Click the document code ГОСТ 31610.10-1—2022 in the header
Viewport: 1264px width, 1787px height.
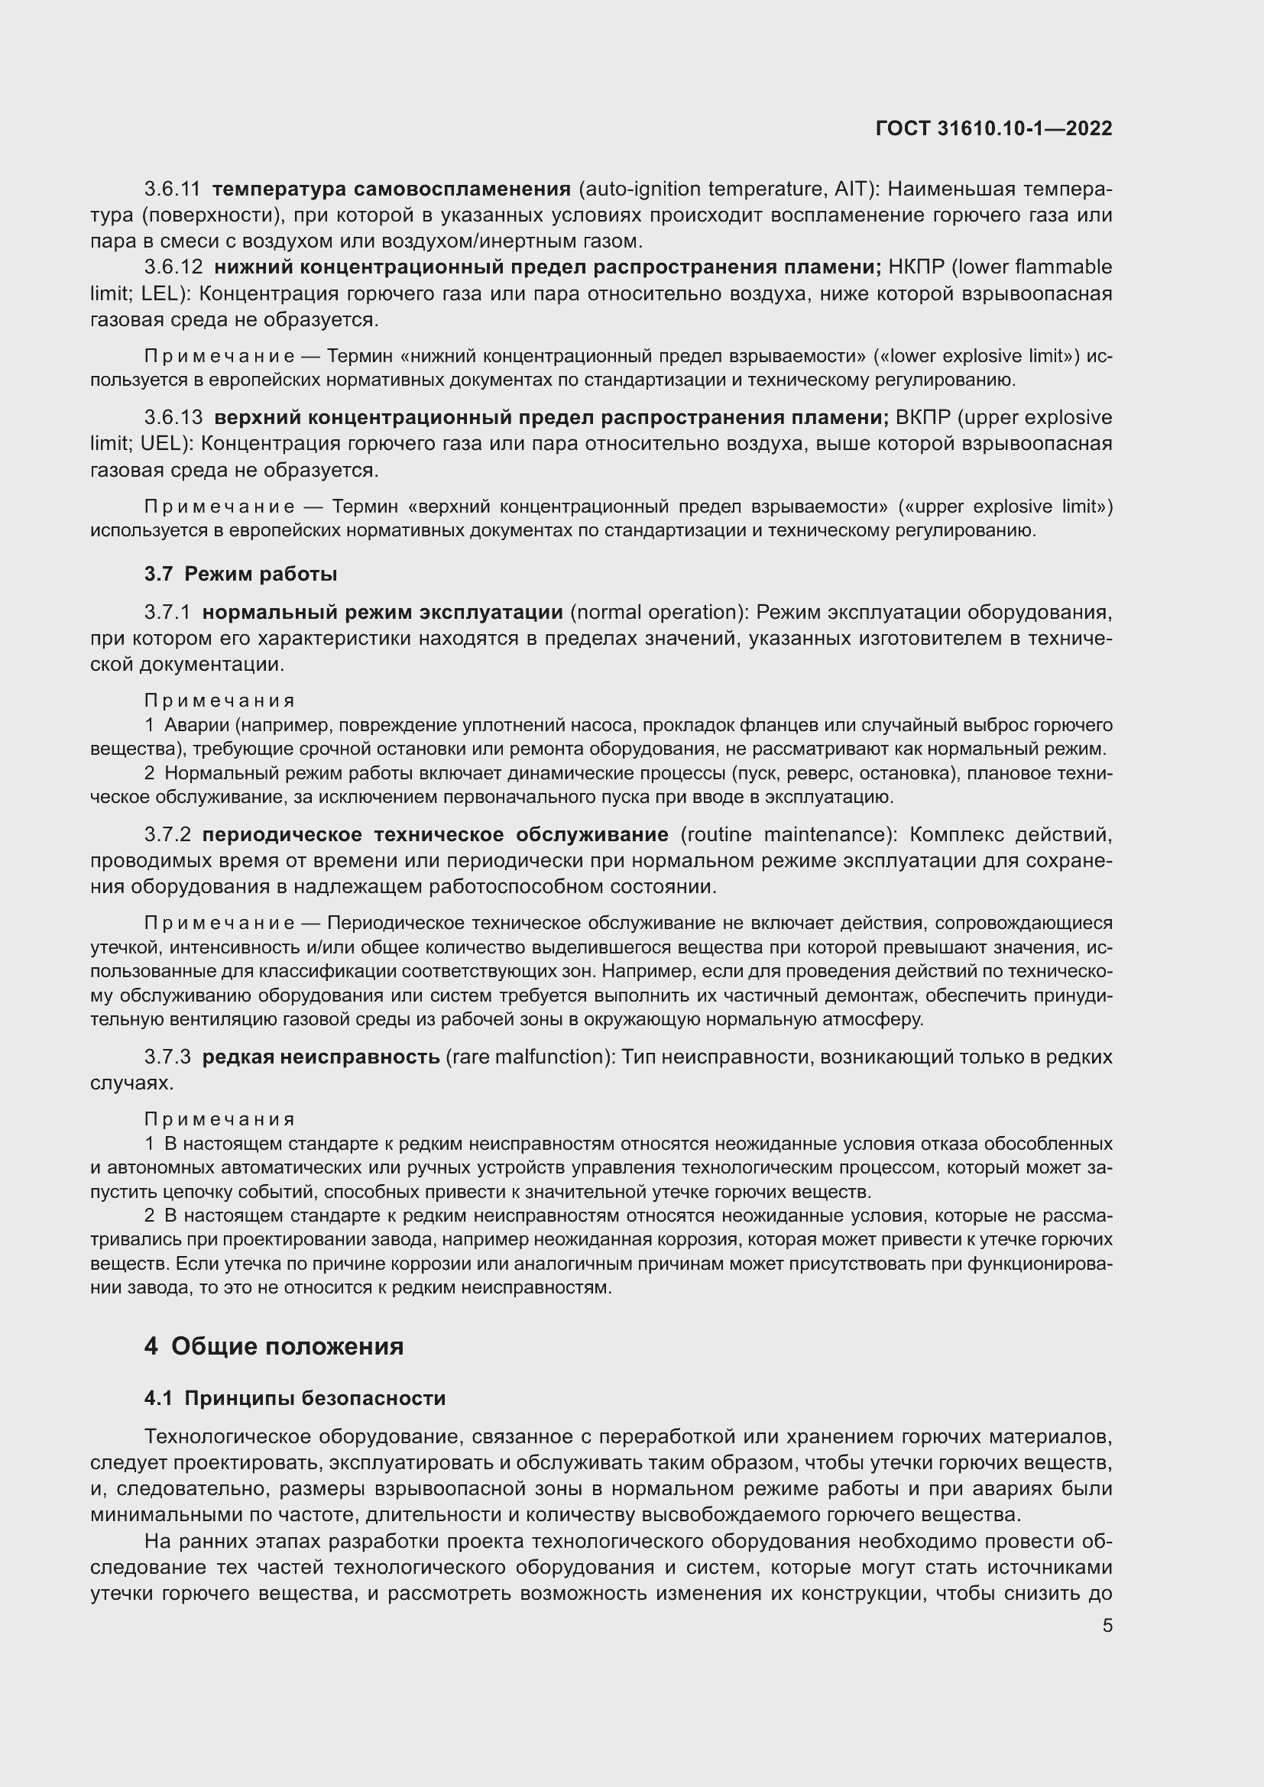pos(993,128)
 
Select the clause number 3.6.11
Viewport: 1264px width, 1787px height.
pos(172,189)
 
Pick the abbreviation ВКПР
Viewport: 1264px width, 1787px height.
pos(923,417)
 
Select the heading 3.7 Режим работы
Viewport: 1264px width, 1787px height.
pos(241,575)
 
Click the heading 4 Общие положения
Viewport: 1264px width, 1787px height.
pos(274,1345)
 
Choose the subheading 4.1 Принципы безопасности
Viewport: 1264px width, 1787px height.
pos(295,1398)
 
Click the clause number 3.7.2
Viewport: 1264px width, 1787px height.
pos(167,834)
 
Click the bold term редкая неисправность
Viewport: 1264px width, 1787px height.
pos(321,1057)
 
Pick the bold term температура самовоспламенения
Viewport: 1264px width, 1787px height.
pos(391,189)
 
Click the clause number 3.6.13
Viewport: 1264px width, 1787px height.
pos(173,417)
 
